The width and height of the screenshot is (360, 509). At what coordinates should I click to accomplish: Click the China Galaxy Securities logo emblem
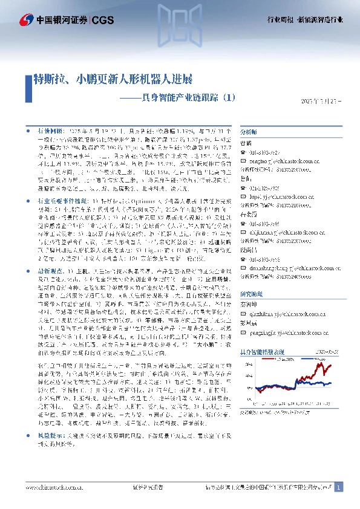[27, 20]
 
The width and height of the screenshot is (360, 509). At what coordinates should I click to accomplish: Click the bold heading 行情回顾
[50, 130]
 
